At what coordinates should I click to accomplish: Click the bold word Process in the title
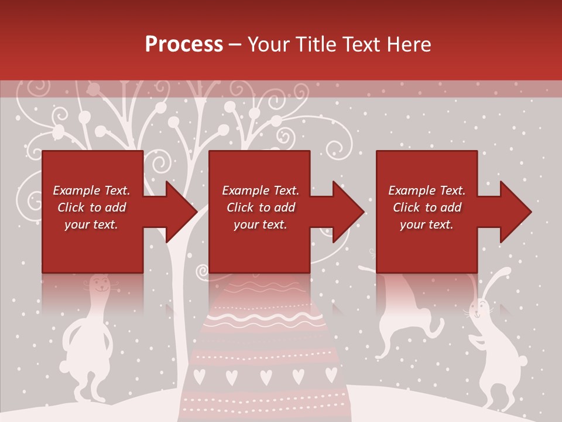click(184, 44)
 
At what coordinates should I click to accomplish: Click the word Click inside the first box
click(72, 207)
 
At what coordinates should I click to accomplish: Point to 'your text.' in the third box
click(426, 224)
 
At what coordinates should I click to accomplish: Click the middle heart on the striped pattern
click(266, 376)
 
